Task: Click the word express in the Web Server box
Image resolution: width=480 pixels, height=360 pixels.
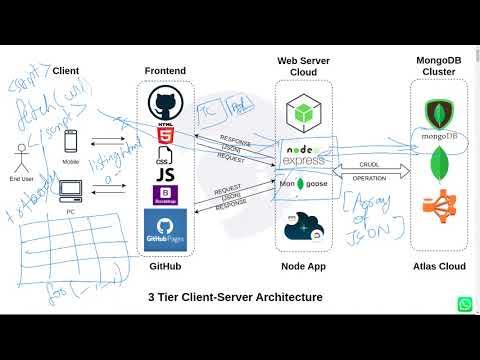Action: (304, 160)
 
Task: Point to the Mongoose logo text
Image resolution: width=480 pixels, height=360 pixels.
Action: (304, 185)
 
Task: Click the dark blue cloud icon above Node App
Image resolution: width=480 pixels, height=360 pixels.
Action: (303, 226)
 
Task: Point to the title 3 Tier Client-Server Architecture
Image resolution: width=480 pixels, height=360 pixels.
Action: (235, 296)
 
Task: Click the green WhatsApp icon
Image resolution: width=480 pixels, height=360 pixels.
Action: (466, 304)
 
